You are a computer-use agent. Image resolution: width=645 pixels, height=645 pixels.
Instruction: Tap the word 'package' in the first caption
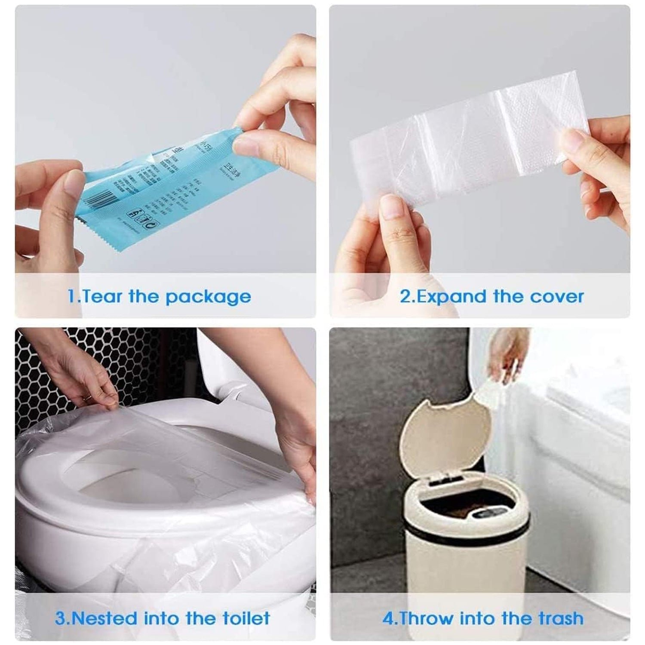pyautogui.click(x=208, y=297)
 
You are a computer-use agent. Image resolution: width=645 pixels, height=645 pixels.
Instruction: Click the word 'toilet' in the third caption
pyautogui.click(x=246, y=618)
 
